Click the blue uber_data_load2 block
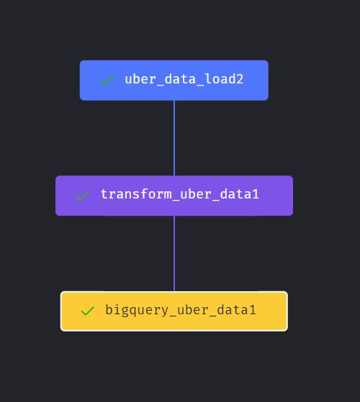click(174, 81)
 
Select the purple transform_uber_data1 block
click(174, 196)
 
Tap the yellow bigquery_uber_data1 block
click(174, 311)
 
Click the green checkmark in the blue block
click(107, 80)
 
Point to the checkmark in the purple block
click(83, 196)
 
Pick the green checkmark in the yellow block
click(88, 311)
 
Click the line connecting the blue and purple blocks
click(174, 138)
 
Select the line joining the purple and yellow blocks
click(174, 253)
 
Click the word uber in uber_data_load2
click(140, 79)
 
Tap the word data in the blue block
click(180, 79)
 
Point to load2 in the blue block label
click(224, 79)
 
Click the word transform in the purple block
click(136, 194)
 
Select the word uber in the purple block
click(196, 194)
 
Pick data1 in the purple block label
click(240, 194)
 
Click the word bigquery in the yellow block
click(137, 310)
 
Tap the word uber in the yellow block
click(193, 310)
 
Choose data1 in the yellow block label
click(236, 310)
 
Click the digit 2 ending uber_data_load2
click(240, 79)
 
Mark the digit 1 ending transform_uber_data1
click(256, 194)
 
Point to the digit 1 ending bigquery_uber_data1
click(253, 310)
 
